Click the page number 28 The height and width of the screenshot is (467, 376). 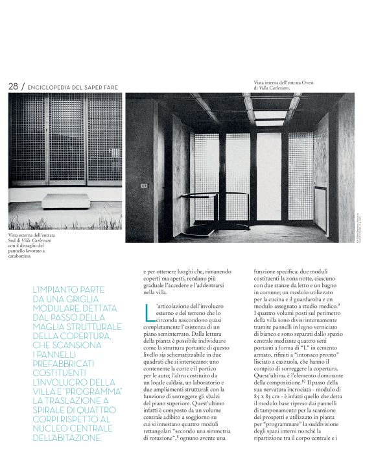click(x=12, y=86)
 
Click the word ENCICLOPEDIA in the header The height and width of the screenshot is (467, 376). click(x=49, y=87)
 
